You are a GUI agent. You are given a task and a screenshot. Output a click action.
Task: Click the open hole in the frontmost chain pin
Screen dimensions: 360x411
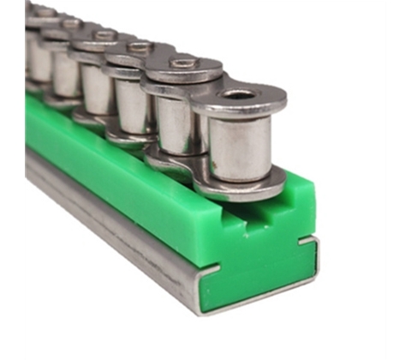point(241,93)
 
